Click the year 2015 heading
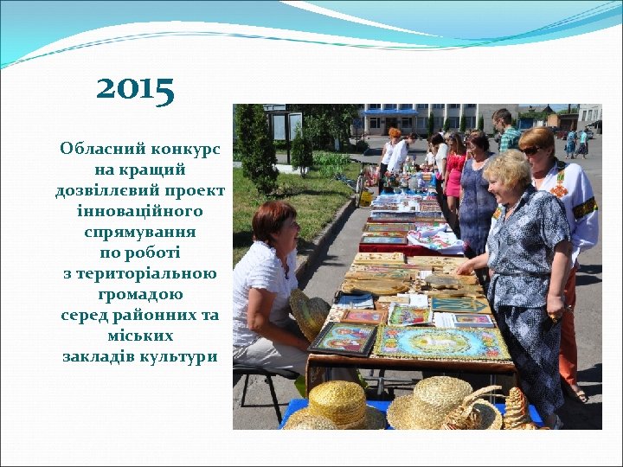[x=135, y=88]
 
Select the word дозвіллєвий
[x=105, y=190]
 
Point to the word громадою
[x=139, y=294]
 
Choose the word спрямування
[x=139, y=232]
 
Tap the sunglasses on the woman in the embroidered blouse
[x=531, y=150]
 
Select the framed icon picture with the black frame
[x=344, y=337]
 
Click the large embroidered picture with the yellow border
[x=441, y=343]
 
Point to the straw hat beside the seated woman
[x=309, y=313]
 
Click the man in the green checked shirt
[x=506, y=131]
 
